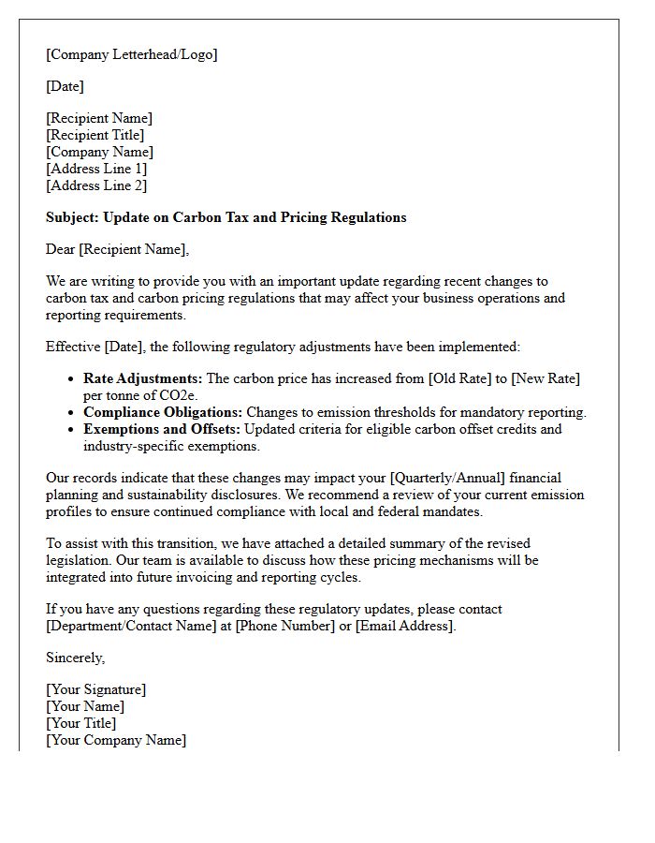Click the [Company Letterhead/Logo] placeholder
click(131, 54)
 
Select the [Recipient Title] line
click(95, 135)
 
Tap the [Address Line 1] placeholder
click(96, 169)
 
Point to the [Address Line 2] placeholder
click(96, 185)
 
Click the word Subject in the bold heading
click(72, 217)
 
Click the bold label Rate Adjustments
click(142, 378)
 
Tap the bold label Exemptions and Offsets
click(162, 429)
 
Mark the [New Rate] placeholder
click(545, 378)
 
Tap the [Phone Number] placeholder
click(285, 626)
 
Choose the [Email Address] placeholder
click(404, 626)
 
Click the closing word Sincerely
click(75, 658)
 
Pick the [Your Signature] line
click(95, 689)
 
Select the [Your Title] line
click(80, 723)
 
